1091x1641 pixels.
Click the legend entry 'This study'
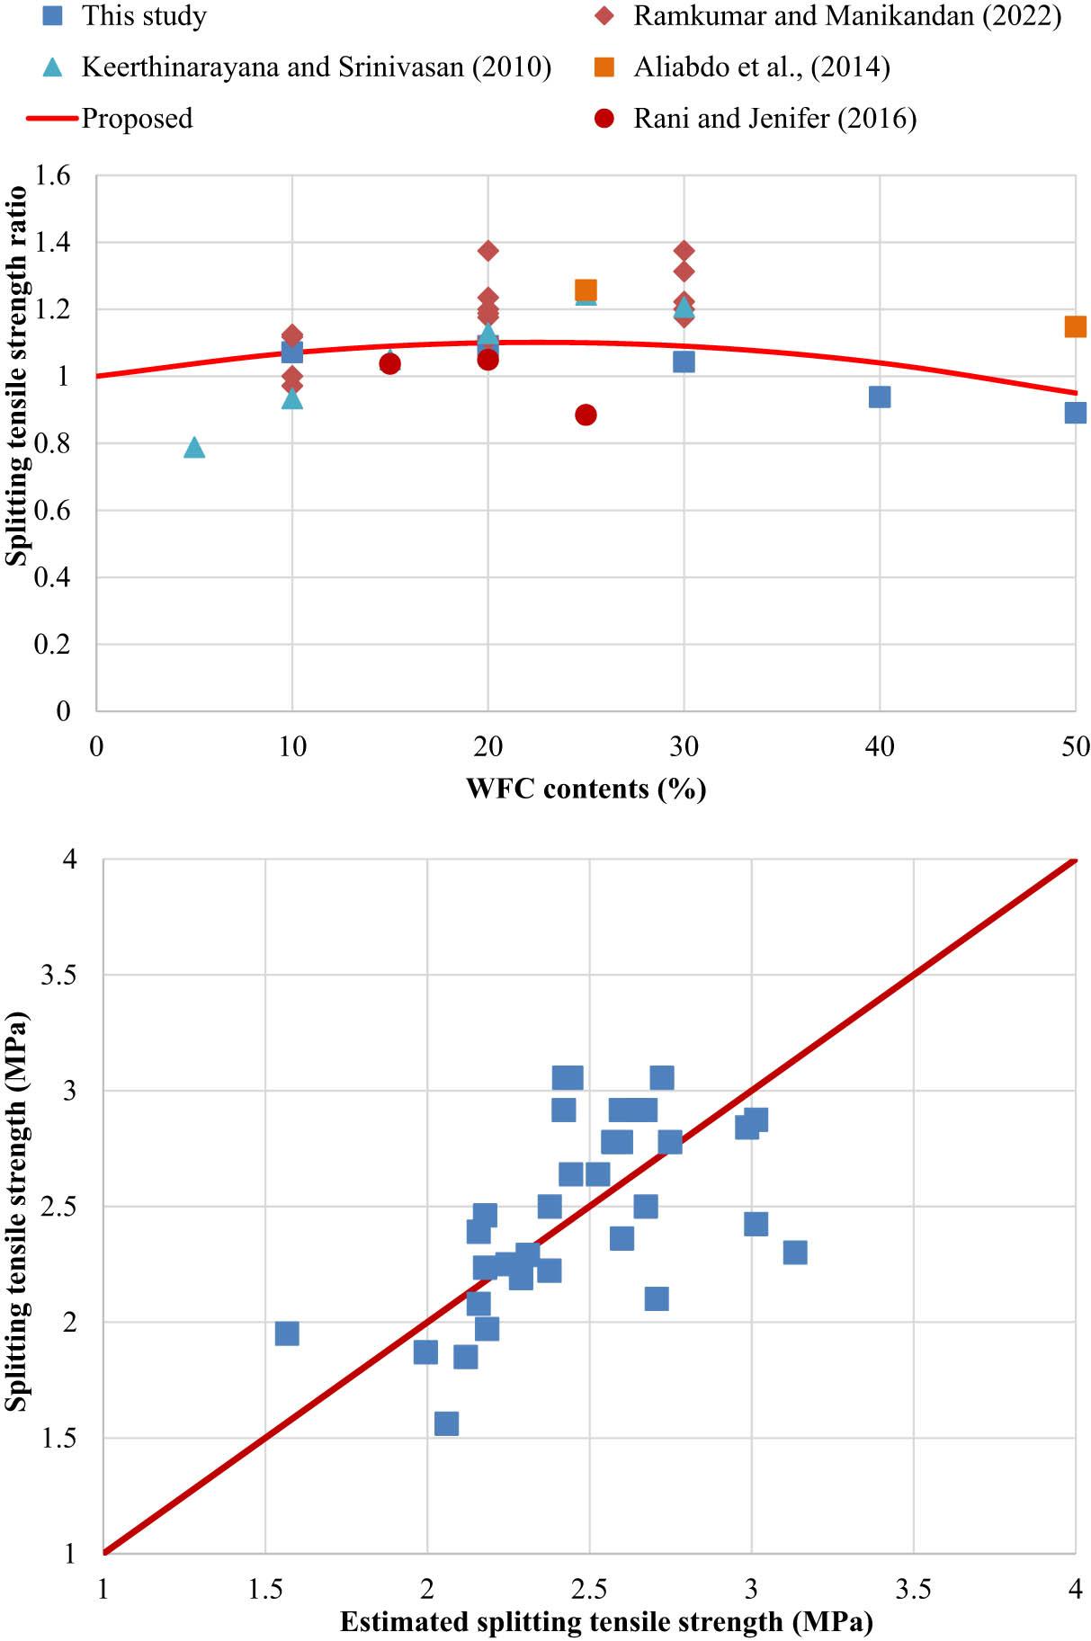pos(144,15)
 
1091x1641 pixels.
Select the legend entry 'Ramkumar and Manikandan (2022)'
pos(846,15)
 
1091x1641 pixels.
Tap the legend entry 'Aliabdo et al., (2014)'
pos(761,67)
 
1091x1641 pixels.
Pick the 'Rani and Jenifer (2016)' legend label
pos(774,119)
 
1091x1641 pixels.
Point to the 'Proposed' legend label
pos(137,119)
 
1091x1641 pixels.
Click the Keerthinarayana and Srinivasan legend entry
pos(316,67)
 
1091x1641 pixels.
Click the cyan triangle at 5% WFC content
pos(194,448)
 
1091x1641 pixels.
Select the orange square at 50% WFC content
pos(1075,326)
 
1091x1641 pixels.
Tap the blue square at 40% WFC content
pos(880,397)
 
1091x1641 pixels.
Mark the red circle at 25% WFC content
pos(586,415)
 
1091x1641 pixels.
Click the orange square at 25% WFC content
pos(586,290)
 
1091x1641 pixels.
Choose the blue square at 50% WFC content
pos(1075,413)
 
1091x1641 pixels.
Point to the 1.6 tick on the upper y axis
pos(52,175)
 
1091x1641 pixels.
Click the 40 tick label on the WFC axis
pos(880,746)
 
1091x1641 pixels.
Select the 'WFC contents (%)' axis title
pos(586,789)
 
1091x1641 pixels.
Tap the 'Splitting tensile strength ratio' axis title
pos(16,377)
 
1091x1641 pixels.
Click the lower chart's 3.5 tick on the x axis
pos(914,1589)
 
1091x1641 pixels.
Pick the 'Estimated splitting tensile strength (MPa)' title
pos(606,1622)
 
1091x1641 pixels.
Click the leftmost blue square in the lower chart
pos(287,1333)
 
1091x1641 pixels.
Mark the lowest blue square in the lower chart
pos(446,1423)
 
